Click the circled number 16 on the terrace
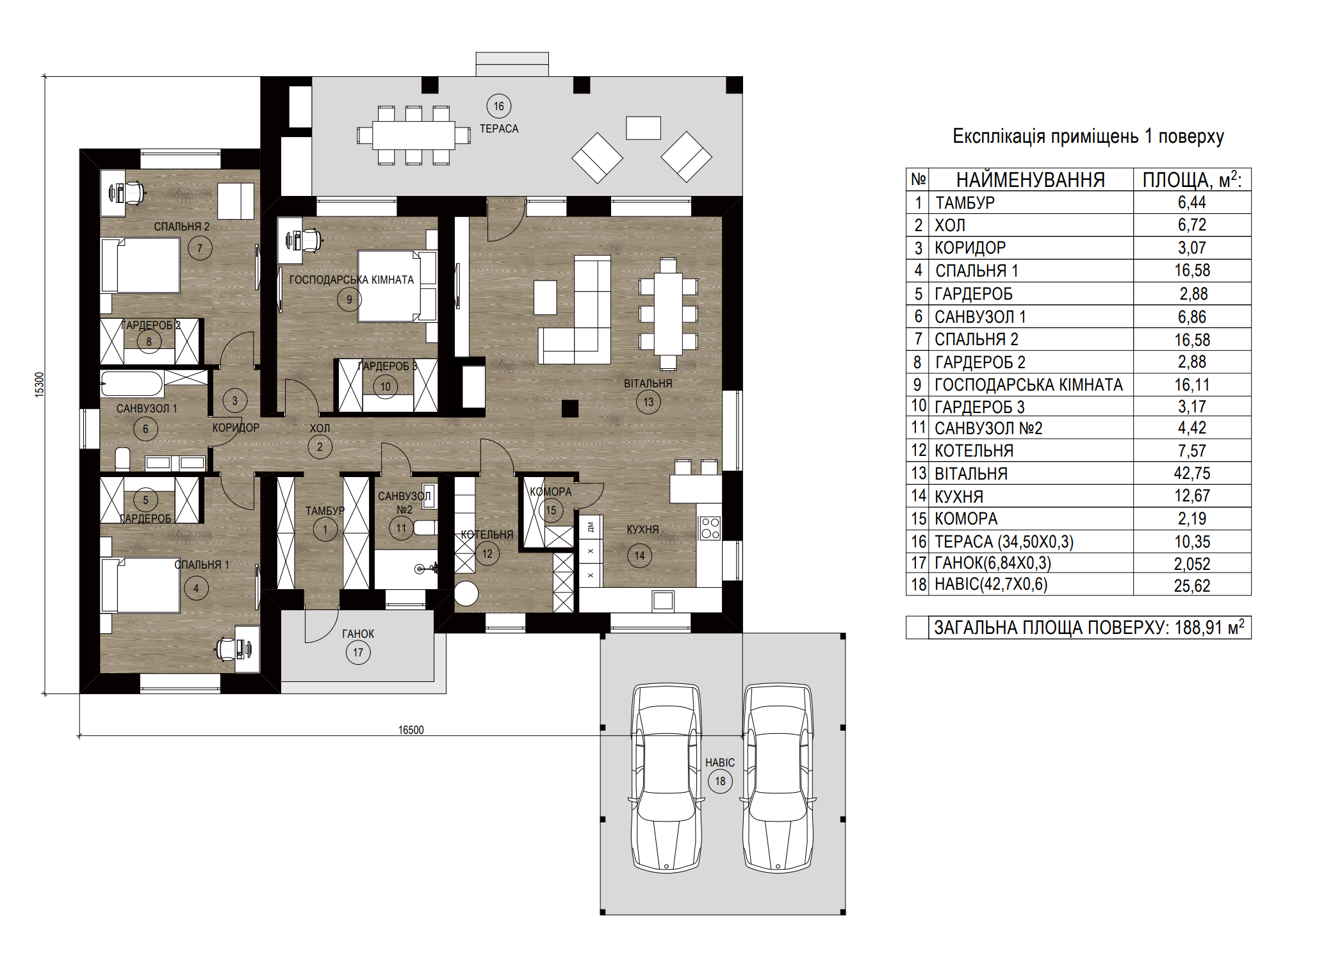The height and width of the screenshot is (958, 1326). (x=499, y=106)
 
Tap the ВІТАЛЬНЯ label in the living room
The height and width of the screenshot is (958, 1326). (x=648, y=384)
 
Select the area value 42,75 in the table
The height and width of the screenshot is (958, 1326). (x=1192, y=473)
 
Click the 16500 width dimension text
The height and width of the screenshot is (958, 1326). (x=411, y=730)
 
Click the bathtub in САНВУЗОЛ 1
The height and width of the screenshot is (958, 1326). (x=132, y=384)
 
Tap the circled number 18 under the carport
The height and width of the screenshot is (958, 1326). (x=720, y=781)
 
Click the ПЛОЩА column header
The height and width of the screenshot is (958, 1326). (x=1191, y=180)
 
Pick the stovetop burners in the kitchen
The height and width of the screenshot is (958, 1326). (x=710, y=528)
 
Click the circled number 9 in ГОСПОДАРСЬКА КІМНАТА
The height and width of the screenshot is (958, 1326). (x=349, y=299)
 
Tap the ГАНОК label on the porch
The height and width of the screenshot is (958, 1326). (x=358, y=634)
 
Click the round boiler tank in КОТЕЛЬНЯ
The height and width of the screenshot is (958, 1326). (x=466, y=594)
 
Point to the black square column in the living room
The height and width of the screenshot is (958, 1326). (x=570, y=408)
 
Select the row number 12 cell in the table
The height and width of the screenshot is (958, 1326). (x=918, y=451)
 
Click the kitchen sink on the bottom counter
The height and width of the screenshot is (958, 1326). (x=663, y=601)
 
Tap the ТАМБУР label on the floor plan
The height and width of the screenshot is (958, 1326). (x=325, y=511)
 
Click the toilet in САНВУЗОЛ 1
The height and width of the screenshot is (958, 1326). (x=122, y=459)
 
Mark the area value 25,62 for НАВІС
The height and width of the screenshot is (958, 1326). (x=1192, y=586)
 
